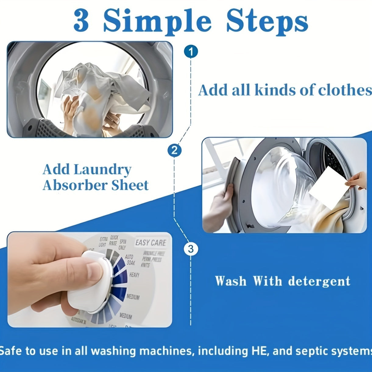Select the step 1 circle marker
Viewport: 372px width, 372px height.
191,51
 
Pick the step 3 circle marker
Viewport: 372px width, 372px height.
191,249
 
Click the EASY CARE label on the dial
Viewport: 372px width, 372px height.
151,243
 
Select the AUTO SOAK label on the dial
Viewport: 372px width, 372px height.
130,260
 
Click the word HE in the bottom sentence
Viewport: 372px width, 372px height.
261,351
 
